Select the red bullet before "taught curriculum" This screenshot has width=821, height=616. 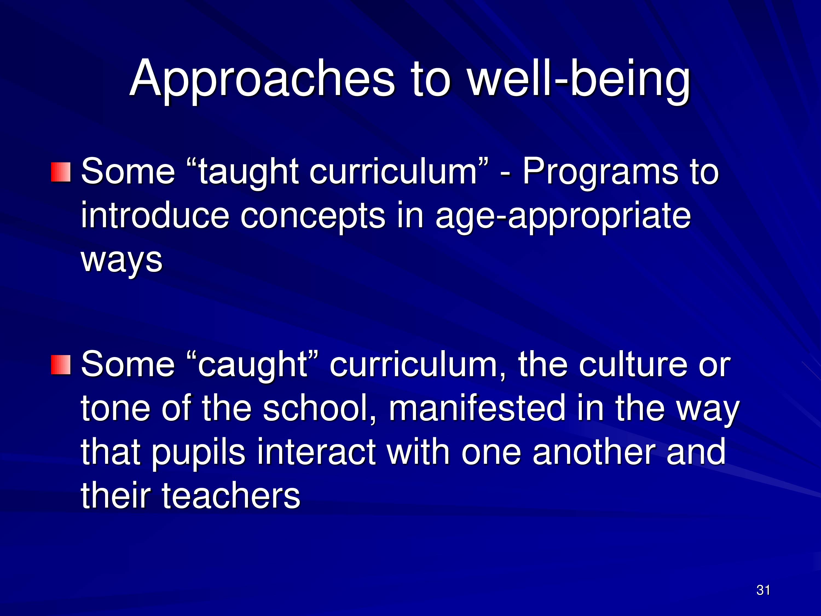(60, 172)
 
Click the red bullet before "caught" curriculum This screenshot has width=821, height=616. (60, 365)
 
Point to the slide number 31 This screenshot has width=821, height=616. (763, 590)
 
